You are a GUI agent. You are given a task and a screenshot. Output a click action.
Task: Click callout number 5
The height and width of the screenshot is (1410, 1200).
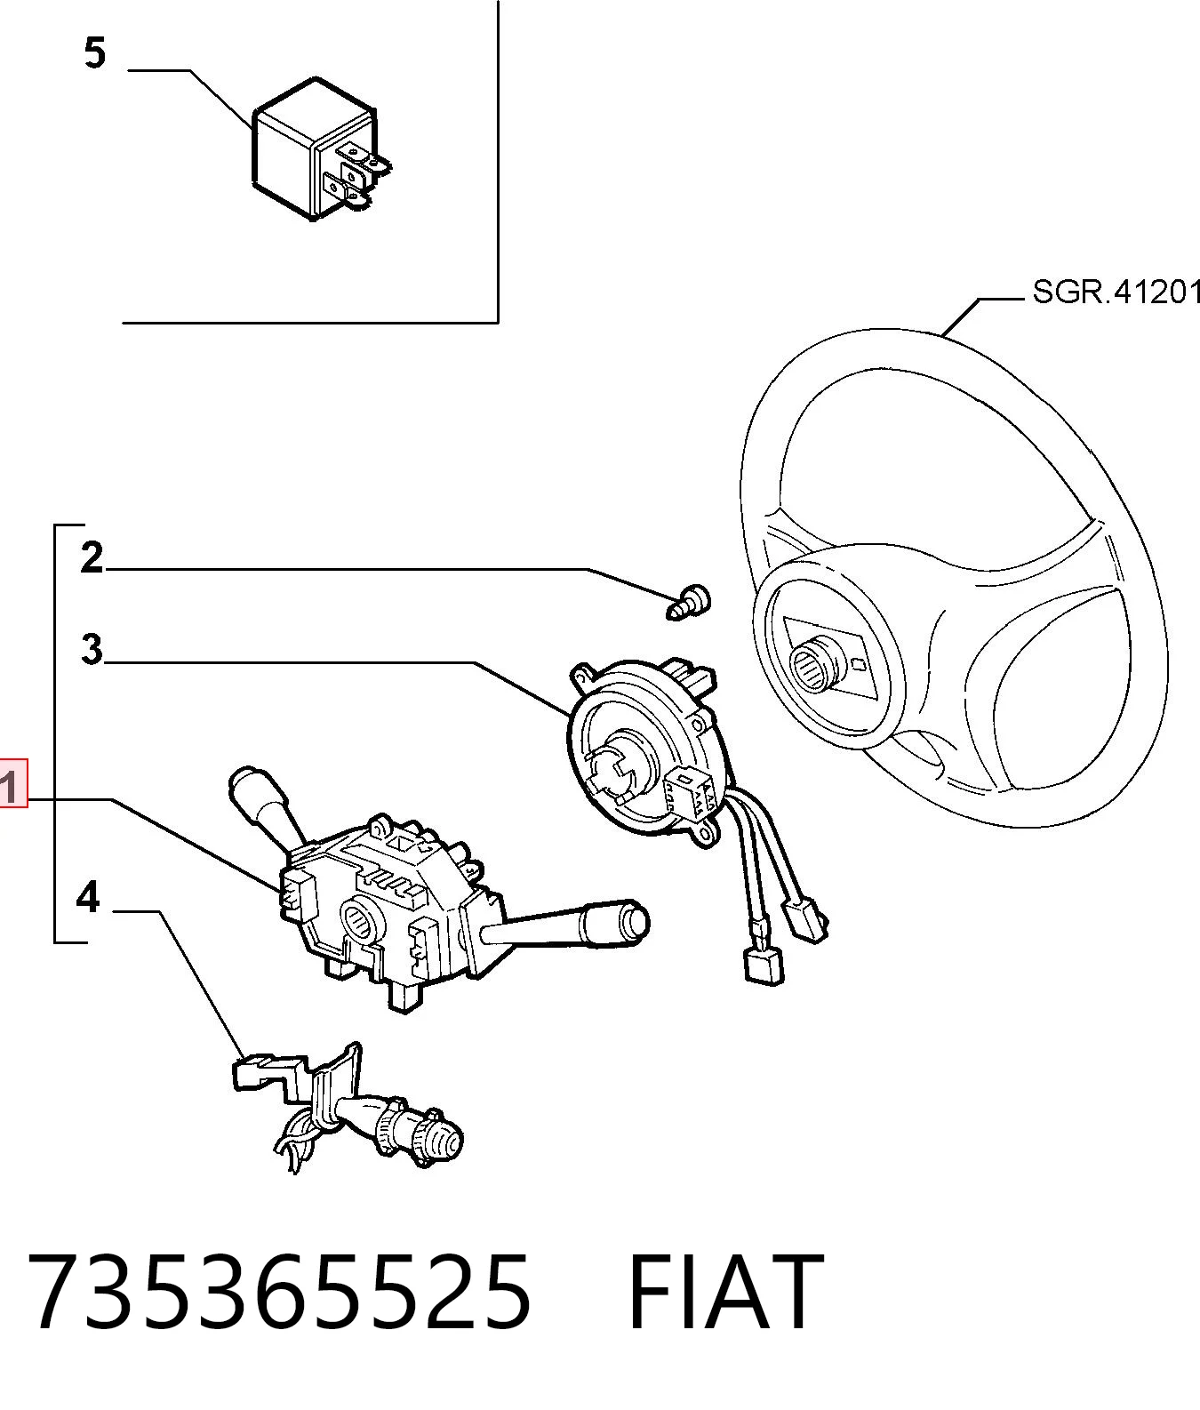(95, 53)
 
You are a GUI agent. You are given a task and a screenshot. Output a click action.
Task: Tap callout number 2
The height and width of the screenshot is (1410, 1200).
(92, 558)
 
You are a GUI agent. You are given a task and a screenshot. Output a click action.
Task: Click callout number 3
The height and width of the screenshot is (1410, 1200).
(92, 649)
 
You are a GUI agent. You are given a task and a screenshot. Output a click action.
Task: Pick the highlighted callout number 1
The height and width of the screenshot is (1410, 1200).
(12, 782)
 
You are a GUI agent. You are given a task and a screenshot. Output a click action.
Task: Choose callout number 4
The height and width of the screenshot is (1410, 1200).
(88, 898)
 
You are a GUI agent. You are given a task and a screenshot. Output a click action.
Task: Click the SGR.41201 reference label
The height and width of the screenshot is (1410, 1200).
(1116, 292)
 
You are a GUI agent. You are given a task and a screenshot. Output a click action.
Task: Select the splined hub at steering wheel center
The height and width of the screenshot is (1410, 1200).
(813, 664)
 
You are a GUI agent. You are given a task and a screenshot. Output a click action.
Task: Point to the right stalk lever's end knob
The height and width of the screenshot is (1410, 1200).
(634, 920)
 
